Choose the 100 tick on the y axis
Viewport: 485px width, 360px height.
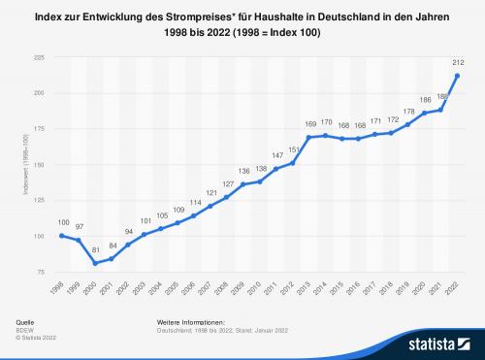pos(39,236)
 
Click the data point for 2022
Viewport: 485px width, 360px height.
pos(456,76)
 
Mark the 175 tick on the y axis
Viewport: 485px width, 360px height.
pos(39,129)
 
